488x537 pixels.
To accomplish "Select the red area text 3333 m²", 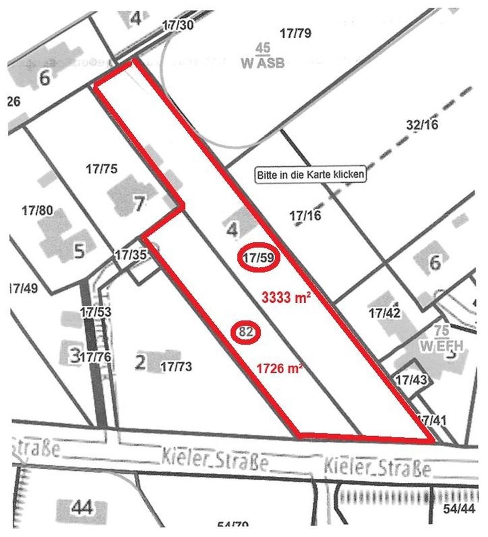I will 286,299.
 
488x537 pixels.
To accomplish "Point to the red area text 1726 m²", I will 280,369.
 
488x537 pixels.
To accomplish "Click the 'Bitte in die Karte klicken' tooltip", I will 311,175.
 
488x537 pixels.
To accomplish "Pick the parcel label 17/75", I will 101,169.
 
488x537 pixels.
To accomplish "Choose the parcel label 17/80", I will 37,211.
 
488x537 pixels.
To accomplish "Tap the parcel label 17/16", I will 305,215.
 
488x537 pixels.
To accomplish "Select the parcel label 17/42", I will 385,313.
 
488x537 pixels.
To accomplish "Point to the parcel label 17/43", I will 411,379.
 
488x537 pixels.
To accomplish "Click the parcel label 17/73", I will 176,367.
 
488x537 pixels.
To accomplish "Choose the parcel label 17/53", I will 96,312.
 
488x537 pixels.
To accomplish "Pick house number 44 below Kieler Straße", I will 82,509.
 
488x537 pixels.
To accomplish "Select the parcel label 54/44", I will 459,509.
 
